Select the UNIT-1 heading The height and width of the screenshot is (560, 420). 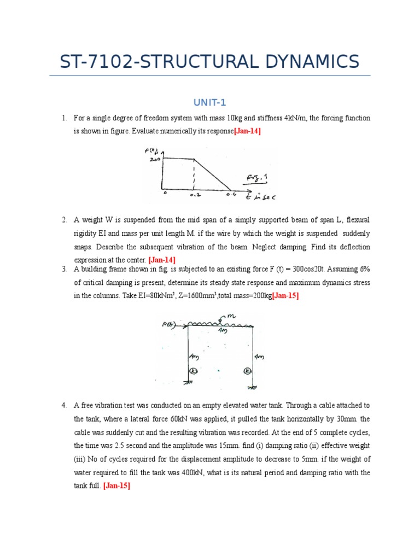click(x=209, y=102)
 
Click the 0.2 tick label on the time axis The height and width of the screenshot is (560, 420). click(x=195, y=195)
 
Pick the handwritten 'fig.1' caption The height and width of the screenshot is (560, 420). click(x=254, y=178)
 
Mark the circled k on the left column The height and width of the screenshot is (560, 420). click(x=192, y=371)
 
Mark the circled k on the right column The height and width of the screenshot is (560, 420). click(x=248, y=371)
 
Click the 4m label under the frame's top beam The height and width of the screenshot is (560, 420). click(x=222, y=331)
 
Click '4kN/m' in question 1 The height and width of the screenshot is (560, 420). click(x=297, y=118)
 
